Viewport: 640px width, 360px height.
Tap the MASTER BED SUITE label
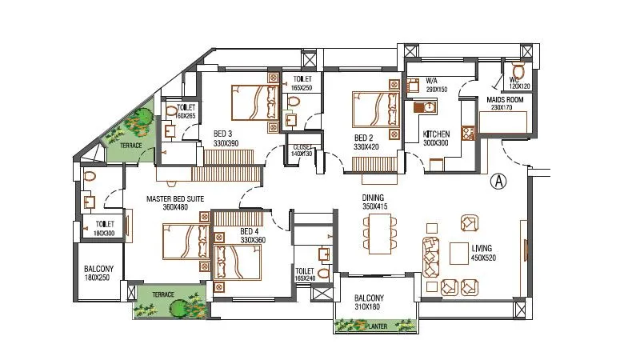(x=174, y=198)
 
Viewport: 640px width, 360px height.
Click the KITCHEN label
(x=436, y=134)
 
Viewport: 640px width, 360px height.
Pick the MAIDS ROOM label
(x=504, y=99)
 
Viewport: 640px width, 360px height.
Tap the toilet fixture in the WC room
(x=518, y=70)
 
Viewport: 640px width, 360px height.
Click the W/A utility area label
(x=432, y=81)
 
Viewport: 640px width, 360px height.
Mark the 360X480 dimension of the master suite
(x=174, y=207)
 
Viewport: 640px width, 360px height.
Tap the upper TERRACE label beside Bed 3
(x=126, y=146)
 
